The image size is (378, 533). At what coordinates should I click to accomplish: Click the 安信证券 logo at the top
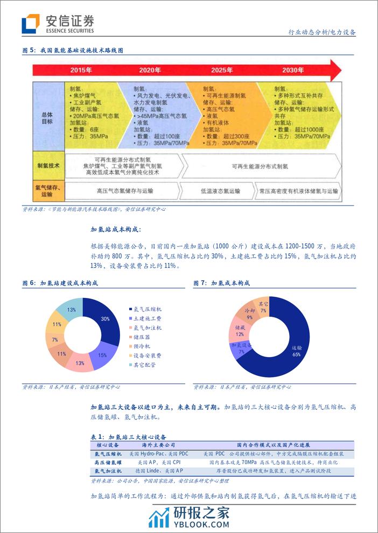point(58,24)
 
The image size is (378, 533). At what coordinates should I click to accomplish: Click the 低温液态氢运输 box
point(221,191)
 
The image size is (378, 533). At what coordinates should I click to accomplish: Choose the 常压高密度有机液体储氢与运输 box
point(298,191)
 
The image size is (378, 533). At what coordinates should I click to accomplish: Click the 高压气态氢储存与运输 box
point(125,191)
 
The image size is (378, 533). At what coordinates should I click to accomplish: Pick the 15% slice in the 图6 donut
point(102,356)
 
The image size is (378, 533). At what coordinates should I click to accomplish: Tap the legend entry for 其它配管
point(144,365)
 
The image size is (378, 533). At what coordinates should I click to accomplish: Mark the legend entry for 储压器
point(141,337)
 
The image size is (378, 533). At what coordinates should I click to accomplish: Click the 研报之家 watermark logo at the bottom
point(188,515)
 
